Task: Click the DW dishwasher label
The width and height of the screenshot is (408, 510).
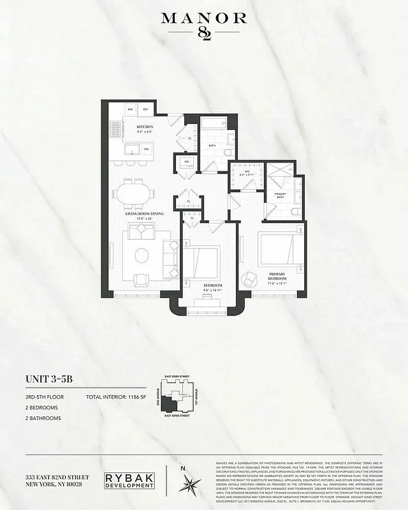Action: pos(146,149)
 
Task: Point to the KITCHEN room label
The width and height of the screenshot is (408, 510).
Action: pos(145,127)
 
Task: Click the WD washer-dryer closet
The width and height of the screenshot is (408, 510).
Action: pos(187,162)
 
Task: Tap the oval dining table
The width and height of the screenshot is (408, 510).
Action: pos(134,193)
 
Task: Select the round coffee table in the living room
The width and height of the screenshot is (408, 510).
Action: pos(142,255)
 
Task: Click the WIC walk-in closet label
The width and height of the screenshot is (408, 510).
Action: pos(244,171)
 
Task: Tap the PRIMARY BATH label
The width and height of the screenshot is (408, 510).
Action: pos(280,195)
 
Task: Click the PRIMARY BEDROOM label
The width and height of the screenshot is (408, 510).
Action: pos(278,275)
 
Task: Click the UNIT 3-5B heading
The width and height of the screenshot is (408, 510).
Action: pos(49,379)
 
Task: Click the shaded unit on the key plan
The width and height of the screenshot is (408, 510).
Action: pos(170,404)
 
